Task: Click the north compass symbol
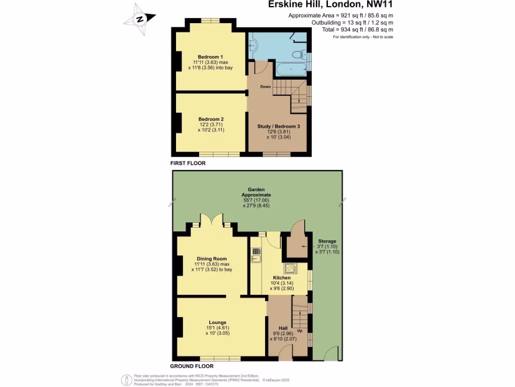coord(139,19)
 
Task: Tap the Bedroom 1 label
coord(210,56)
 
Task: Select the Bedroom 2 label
coord(211,119)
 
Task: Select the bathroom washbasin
coord(253,45)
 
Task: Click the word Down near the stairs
coord(266,87)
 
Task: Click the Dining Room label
coord(210,259)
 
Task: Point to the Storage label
coord(327,241)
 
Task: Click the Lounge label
coord(217,322)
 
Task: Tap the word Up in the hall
coord(300,331)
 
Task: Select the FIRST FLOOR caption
coord(188,163)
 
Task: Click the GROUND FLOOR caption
coord(191,366)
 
